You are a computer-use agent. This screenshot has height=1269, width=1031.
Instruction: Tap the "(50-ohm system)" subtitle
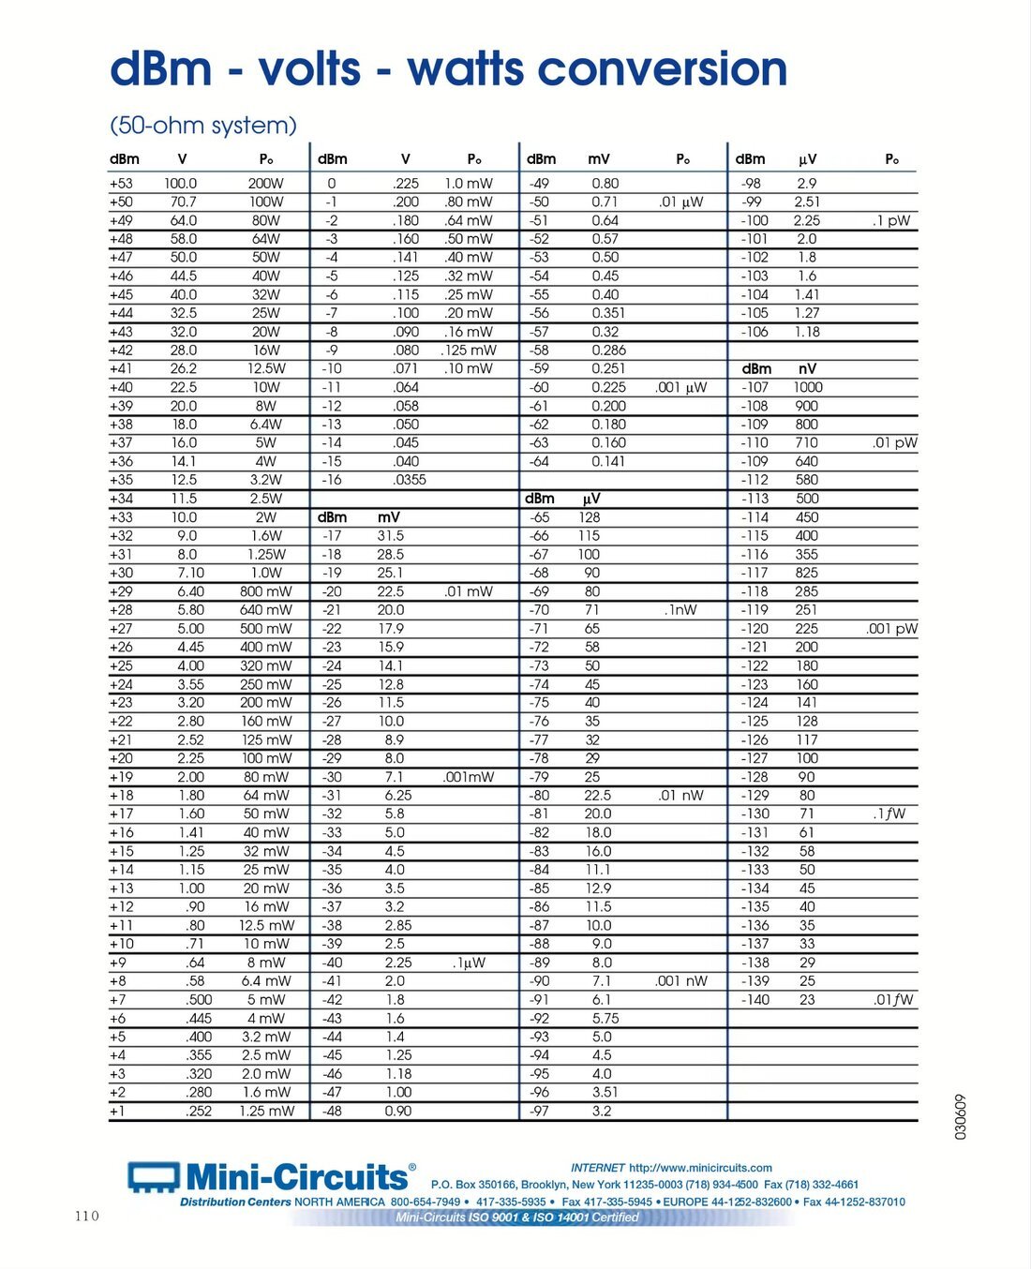click(x=203, y=126)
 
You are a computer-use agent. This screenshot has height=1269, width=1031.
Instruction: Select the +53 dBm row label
click(x=121, y=184)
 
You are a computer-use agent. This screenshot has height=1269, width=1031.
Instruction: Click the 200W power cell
click(x=265, y=184)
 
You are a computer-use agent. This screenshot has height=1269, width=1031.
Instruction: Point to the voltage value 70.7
click(x=184, y=202)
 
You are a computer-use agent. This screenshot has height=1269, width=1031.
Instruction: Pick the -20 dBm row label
click(x=332, y=591)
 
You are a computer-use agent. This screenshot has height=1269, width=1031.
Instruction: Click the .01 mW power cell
click(x=468, y=591)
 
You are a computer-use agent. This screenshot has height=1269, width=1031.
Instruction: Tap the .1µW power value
click(x=469, y=963)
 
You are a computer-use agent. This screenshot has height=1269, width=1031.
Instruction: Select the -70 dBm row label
click(x=539, y=610)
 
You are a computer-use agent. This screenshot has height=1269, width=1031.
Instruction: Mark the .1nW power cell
click(x=681, y=610)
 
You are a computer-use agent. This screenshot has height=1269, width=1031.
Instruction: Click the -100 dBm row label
click(x=755, y=220)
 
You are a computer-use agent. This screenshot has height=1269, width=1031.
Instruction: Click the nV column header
click(x=807, y=368)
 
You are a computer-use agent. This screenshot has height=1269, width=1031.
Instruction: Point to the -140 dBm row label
click(x=755, y=999)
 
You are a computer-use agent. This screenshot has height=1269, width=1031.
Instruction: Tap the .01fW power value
click(x=893, y=999)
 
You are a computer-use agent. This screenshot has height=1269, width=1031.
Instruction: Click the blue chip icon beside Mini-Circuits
click(x=153, y=1177)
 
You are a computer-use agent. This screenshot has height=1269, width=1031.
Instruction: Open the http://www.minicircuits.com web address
click(x=700, y=1168)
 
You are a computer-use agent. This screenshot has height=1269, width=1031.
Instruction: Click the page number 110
click(x=86, y=1216)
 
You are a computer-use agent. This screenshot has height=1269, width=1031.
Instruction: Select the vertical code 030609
click(x=961, y=1116)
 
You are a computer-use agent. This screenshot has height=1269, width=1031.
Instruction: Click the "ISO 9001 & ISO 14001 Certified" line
click(x=517, y=1217)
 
